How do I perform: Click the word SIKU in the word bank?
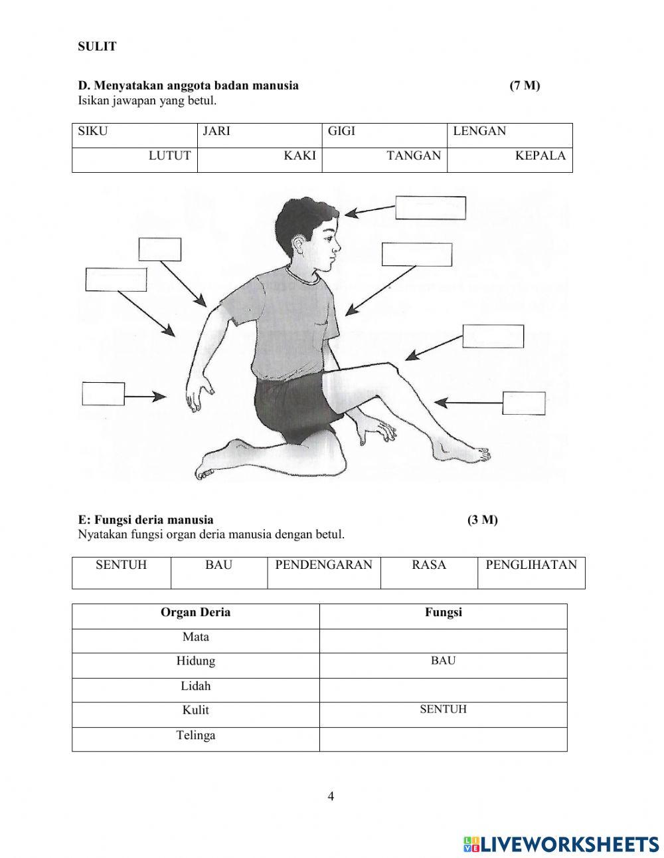tap(92, 132)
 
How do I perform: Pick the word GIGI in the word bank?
tap(341, 132)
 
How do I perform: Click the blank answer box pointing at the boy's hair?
tap(430, 208)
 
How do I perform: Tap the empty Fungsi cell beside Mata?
tap(443, 641)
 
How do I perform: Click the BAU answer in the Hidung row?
tap(443, 661)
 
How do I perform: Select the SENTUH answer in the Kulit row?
tap(443, 710)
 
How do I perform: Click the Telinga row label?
tap(195, 736)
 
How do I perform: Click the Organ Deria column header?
tap(195, 613)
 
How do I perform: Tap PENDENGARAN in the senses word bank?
tap(323, 566)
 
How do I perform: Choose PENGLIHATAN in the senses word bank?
tap(531, 566)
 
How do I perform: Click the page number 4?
tap(331, 797)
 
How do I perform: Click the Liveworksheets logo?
tap(561, 843)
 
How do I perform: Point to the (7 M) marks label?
tap(525, 86)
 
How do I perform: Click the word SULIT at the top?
tap(97, 47)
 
